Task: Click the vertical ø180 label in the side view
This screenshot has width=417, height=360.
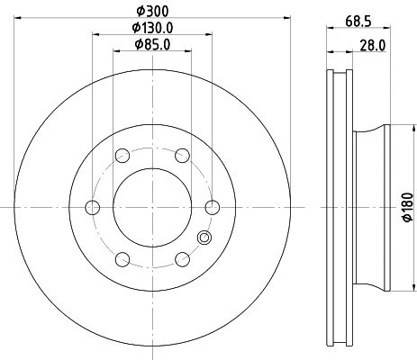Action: (x=406, y=206)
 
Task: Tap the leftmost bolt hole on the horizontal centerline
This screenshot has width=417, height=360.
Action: (x=91, y=207)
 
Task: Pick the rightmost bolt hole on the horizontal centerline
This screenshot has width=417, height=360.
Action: (x=212, y=207)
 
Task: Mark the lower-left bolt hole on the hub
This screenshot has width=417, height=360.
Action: (x=121, y=259)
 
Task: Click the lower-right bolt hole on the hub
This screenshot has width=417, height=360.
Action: (x=181, y=259)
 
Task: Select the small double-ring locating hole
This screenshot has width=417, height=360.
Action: (x=204, y=238)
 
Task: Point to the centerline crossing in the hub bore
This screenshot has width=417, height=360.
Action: (x=151, y=207)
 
